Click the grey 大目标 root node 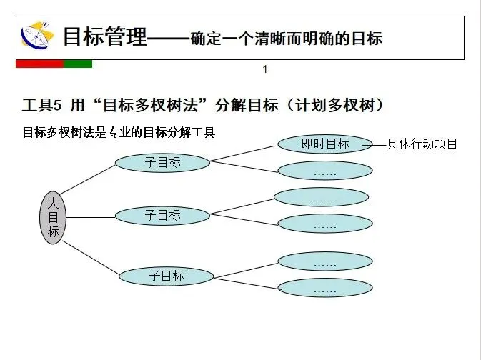(x=53, y=217)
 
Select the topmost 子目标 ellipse (x=163, y=163)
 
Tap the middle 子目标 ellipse (x=163, y=215)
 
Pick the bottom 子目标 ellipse (x=167, y=276)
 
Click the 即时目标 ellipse (x=325, y=144)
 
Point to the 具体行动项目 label (x=422, y=144)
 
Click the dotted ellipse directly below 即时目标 (x=325, y=171)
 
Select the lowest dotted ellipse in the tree (x=325, y=289)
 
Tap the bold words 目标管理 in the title (x=104, y=36)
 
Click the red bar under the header (x=39, y=64)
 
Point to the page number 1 (x=265, y=69)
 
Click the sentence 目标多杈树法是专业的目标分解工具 (x=119, y=132)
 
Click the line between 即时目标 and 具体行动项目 (x=379, y=144)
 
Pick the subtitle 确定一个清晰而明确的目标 (x=286, y=39)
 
